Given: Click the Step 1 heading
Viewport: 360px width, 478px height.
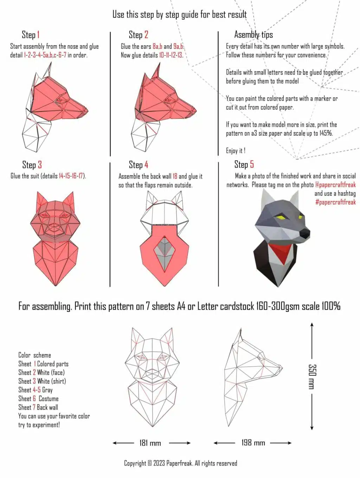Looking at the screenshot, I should (31, 35).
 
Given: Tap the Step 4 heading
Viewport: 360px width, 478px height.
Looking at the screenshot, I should (138, 165).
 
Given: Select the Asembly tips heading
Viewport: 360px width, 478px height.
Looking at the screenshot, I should (253, 35).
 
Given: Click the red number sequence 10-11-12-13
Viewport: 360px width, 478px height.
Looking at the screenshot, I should (171, 55).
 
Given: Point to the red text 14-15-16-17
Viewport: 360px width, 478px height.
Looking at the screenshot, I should (71, 176).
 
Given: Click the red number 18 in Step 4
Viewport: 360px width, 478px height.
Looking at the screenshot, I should (175, 176).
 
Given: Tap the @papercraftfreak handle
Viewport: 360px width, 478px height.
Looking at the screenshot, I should (335, 185).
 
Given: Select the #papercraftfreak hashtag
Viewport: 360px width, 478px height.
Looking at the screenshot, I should (335, 202).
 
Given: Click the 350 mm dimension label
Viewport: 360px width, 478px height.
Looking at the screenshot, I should (311, 376).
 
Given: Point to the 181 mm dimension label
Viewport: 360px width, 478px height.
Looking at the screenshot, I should (150, 443).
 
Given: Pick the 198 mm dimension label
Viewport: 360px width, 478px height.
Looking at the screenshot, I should (253, 443).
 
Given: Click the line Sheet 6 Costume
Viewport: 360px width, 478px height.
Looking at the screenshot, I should (38, 399).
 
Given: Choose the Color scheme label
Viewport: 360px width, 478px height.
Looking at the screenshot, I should (34, 355).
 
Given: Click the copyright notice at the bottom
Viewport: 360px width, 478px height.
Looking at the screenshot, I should (180, 463).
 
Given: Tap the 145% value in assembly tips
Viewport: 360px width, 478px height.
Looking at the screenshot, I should (326, 134).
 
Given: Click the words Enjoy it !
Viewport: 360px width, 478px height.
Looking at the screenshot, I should (236, 151).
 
